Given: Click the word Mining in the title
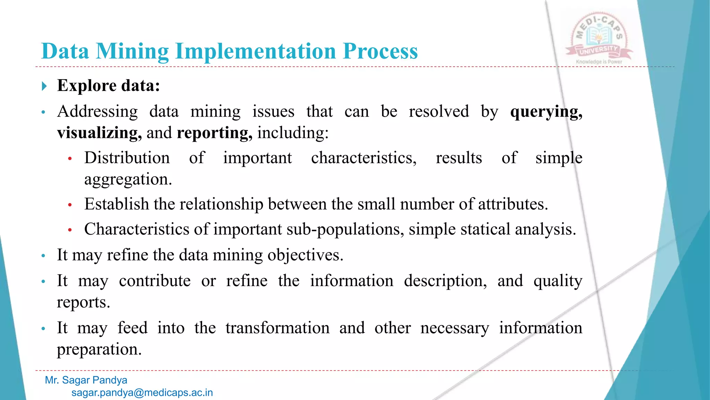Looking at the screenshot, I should [x=132, y=51].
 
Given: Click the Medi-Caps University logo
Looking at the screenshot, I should [x=599, y=38].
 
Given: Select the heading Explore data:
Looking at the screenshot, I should [x=109, y=85].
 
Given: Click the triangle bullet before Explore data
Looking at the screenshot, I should [x=44, y=86].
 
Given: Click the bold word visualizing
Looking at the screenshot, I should [x=99, y=133].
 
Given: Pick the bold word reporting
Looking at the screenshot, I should [x=214, y=133].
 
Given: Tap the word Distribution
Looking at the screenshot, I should [x=127, y=158].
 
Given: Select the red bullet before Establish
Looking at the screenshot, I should [x=70, y=205].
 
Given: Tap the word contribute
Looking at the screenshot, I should [x=155, y=281].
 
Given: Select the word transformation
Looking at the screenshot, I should [x=277, y=328].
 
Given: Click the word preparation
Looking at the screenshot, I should [x=99, y=349].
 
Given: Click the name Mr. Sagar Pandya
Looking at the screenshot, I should [x=86, y=380].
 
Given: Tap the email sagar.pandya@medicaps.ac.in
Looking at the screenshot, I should [x=142, y=393].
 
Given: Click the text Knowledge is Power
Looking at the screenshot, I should [x=599, y=62].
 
